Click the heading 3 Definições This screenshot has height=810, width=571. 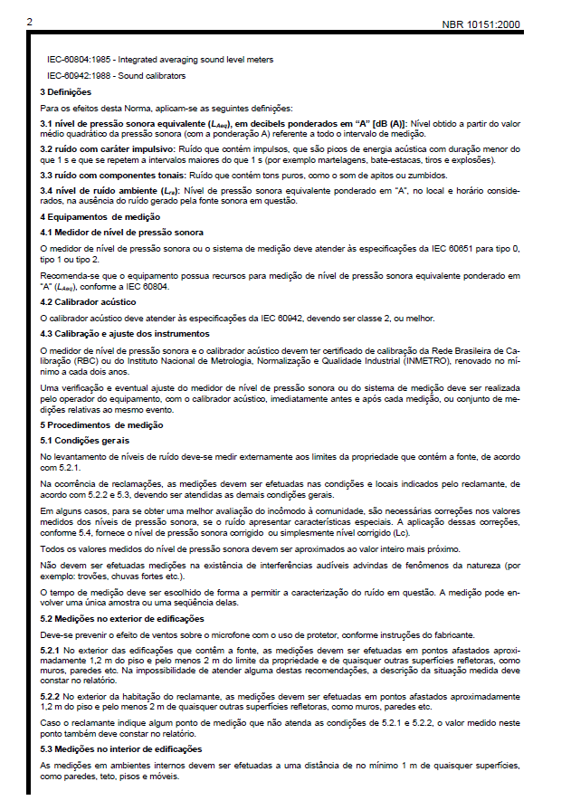(66, 92)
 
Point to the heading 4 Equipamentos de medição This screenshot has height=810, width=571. (100, 217)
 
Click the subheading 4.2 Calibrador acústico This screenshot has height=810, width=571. (88, 301)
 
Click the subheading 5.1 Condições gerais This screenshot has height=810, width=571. (81, 440)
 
